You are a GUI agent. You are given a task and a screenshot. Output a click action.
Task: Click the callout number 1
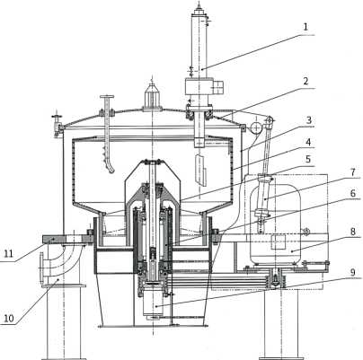305,27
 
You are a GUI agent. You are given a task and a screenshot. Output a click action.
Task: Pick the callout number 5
308,159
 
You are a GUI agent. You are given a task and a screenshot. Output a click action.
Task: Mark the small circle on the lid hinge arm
255,127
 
